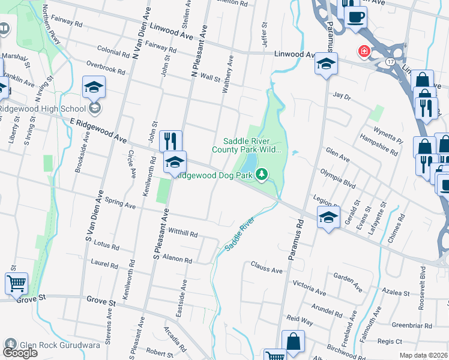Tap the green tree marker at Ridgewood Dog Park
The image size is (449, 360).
click(x=261, y=175)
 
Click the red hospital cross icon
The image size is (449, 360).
click(x=364, y=52)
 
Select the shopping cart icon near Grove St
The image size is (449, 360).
click(x=17, y=283)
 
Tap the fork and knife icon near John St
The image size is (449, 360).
click(x=170, y=141)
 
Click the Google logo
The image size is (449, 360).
click(x=20, y=353)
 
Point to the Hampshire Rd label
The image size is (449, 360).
click(x=378, y=144)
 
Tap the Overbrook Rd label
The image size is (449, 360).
click(x=105, y=67)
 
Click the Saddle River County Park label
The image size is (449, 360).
click(x=252, y=145)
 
